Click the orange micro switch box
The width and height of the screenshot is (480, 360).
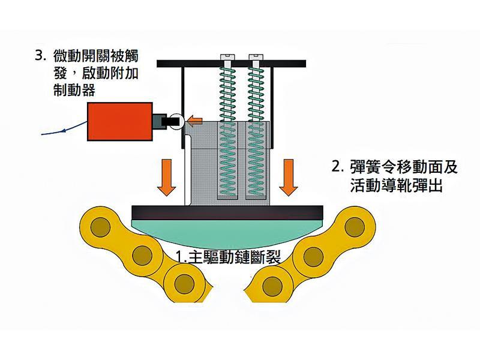tap(118, 122)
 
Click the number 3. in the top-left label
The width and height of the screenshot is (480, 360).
tap(41, 57)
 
